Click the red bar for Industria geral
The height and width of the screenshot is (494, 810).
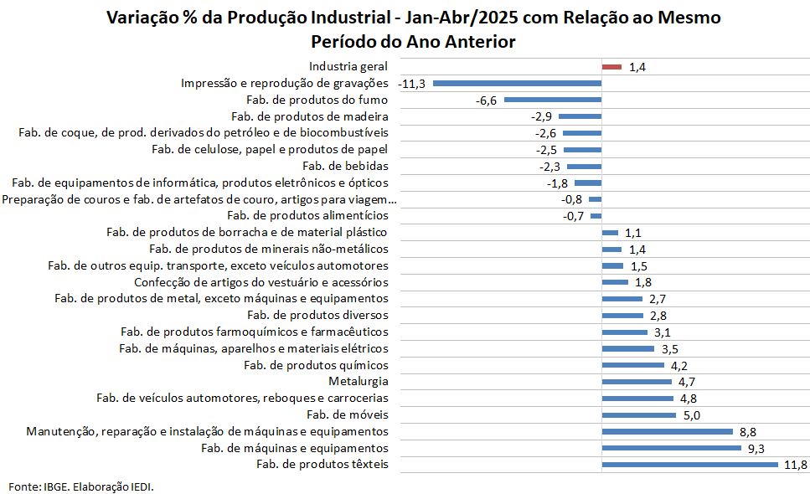click(x=611, y=67)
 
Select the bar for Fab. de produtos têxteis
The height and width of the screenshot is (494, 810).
click(x=689, y=465)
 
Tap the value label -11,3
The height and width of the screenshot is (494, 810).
click(x=412, y=84)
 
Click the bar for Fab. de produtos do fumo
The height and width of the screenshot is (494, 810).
click(x=553, y=100)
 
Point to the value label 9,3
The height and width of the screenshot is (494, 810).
click(x=756, y=449)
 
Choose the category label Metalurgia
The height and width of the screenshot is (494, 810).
click(x=359, y=382)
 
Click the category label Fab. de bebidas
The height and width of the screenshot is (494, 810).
click(x=346, y=166)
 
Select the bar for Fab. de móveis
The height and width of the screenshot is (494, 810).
click(x=639, y=415)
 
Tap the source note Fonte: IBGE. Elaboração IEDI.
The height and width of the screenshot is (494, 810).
click(x=81, y=486)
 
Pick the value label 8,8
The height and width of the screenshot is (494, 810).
click(x=747, y=432)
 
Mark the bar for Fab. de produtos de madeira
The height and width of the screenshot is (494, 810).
click(x=580, y=116)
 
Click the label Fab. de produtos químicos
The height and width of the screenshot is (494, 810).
click(x=316, y=365)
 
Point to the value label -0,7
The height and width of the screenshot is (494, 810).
click(x=573, y=216)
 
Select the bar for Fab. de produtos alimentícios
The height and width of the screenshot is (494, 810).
click(x=596, y=216)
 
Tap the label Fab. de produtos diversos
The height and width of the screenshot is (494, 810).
click(x=317, y=315)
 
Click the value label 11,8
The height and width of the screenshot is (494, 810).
click(x=796, y=465)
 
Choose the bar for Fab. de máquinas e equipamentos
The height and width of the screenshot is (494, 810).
click(x=672, y=448)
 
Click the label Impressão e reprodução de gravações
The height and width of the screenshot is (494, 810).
click(x=285, y=83)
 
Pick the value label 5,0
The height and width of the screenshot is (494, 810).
click(x=692, y=415)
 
